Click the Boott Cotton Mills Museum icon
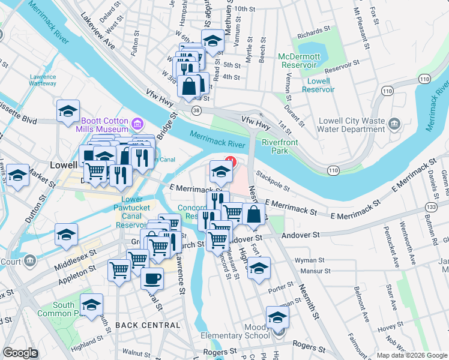pyautogui.click(x=137, y=125)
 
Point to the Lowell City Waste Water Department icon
pyautogui.click(x=394, y=124)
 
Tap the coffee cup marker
pyautogui.click(x=152, y=278)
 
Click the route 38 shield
pyautogui.click(x=196, y=110)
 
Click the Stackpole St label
pyautogui.click(x=273, y=182)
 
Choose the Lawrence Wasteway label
pyautogui.click(x=43, y=80)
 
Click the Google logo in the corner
pyautogui.click(x=20, y=353)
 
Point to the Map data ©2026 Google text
pyautogui.click(x=411, y=355)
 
